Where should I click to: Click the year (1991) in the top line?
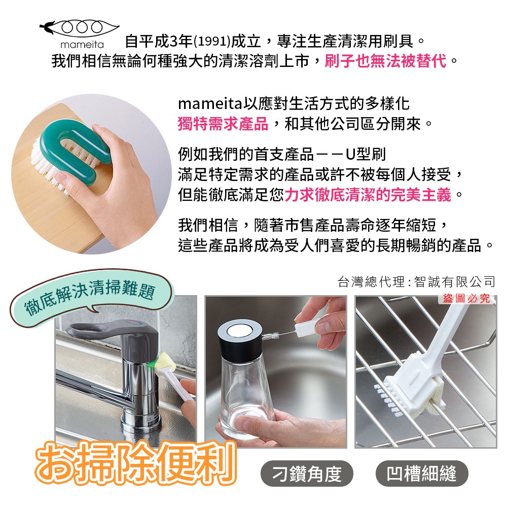click(x=212, y=42)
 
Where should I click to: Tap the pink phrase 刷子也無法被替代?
click(x=385, y=61)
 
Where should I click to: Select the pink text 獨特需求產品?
click(x=223, y=124)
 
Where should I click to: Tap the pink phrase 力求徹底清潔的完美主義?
click(x=368, y=195)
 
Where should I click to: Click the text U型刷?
click(x=366, y=154)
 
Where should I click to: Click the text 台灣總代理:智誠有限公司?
click(x=416, y=281)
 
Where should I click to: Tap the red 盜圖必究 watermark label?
click(x=466, y=299)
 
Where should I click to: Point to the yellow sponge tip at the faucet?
click(x=165, y=363)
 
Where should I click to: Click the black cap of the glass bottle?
click(x=240, y=340)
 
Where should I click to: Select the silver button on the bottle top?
click(x=240, y=330)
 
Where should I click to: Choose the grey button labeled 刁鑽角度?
click(x=307, y=474)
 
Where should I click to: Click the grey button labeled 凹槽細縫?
click(x=422, y=474)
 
